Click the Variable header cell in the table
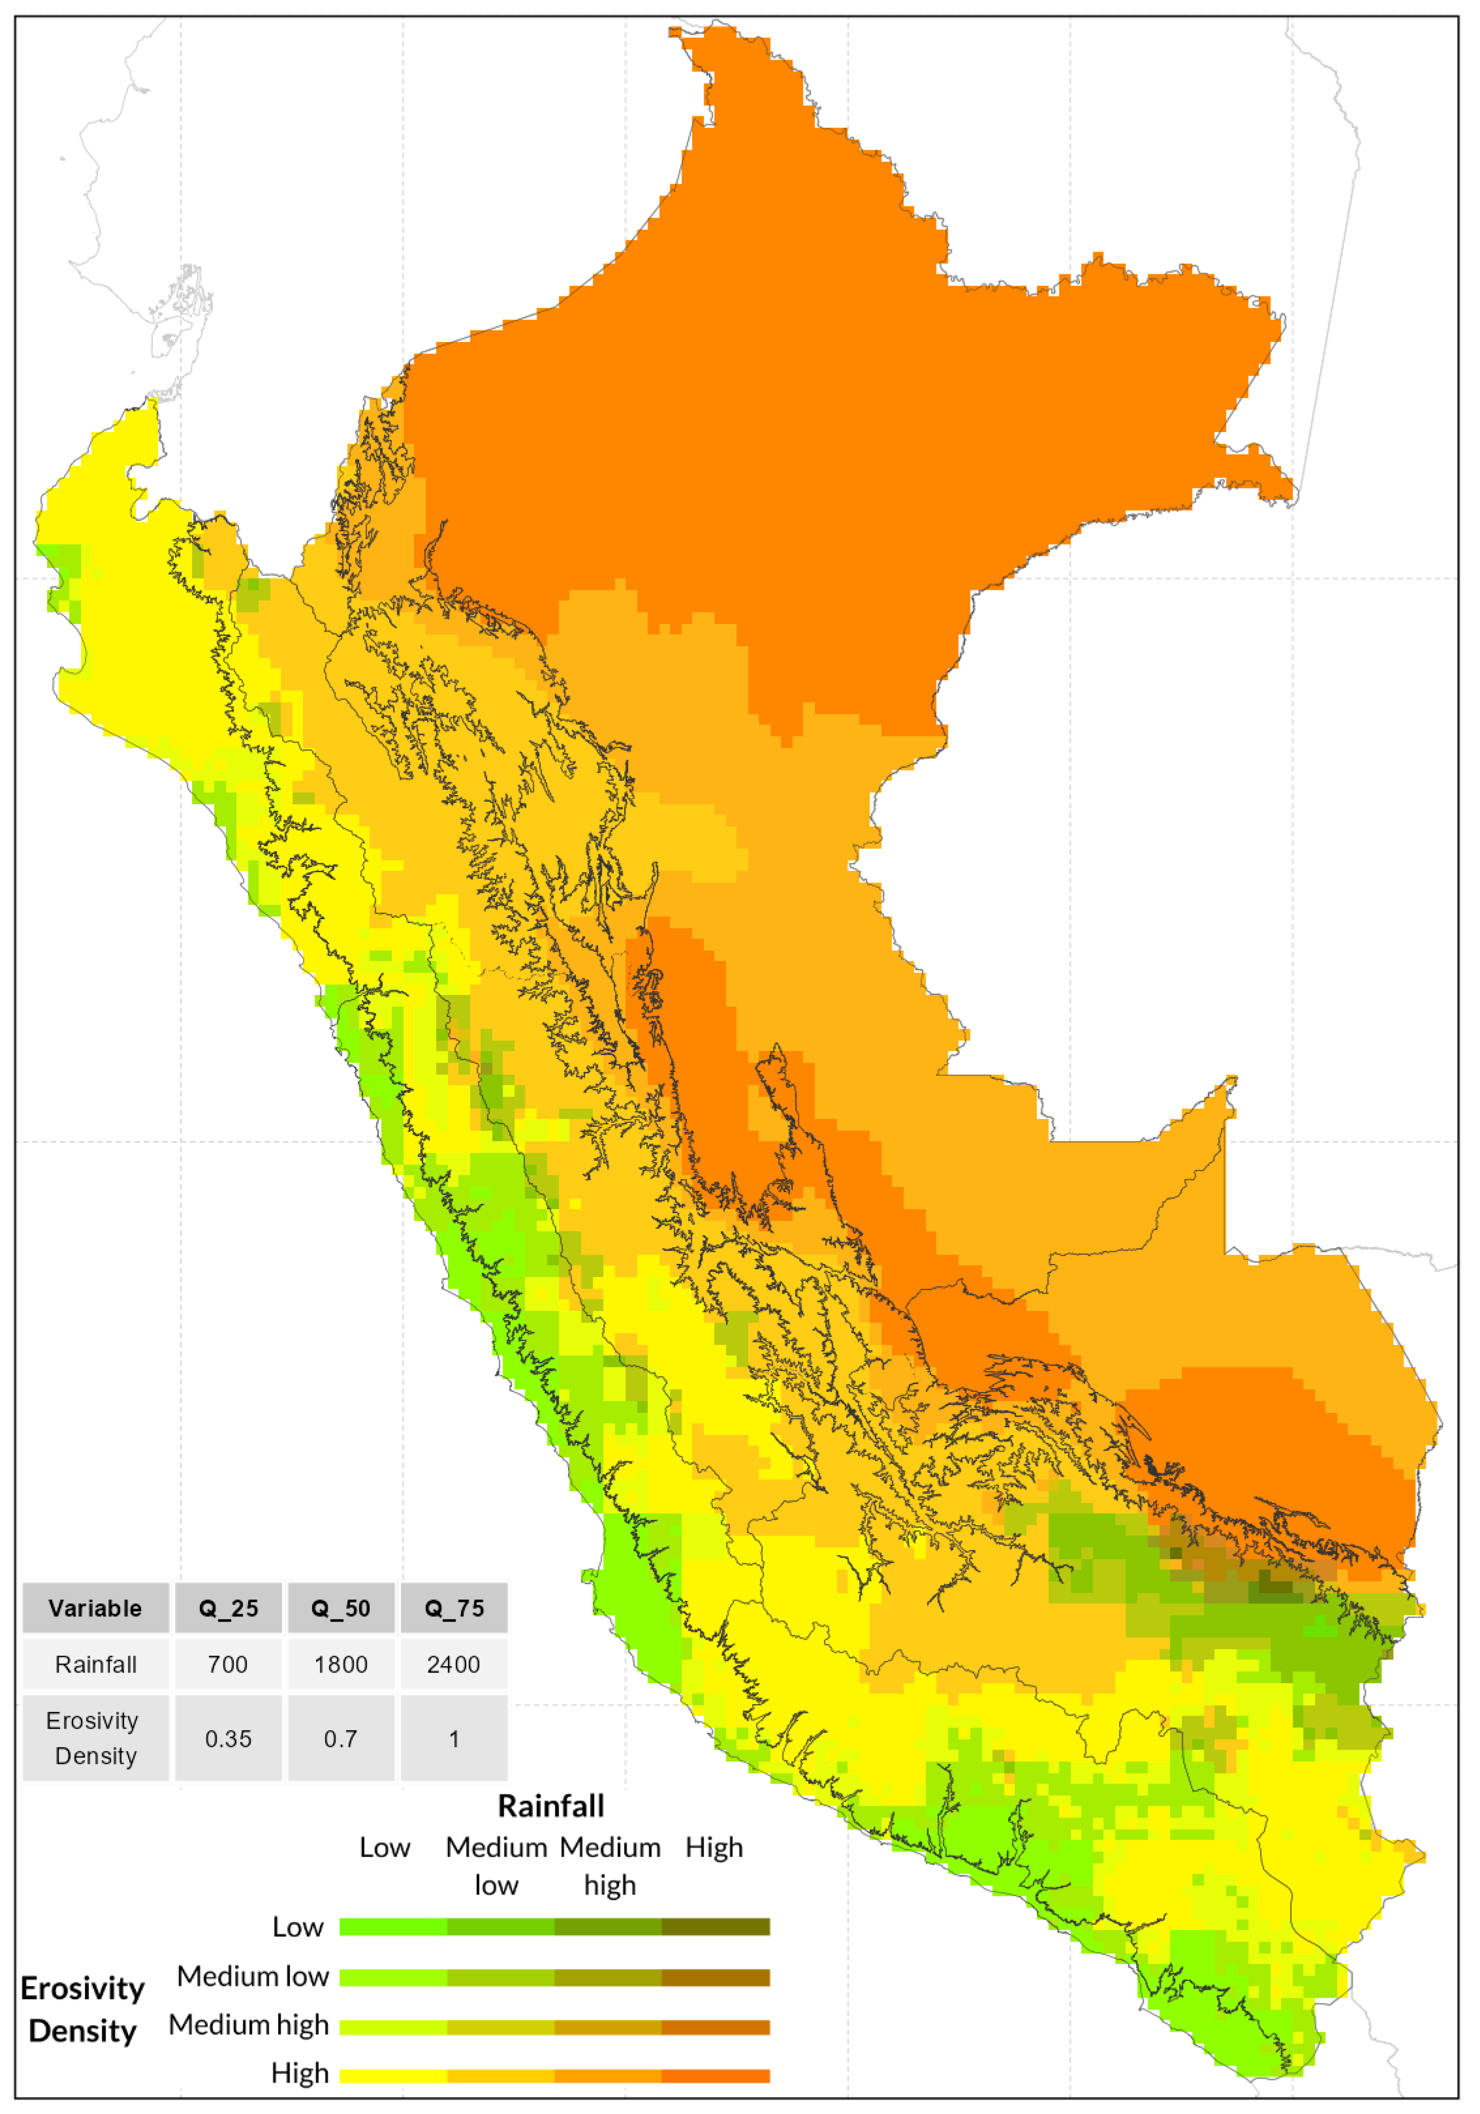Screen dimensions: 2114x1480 point(96,1609)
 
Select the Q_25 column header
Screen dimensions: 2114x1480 point(228,1609)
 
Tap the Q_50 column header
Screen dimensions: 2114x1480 point(341,1609)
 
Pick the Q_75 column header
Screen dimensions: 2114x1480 point(453,1609)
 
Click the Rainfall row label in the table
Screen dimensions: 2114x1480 point(96,1665)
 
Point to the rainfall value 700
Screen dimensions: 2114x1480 point(228,1665)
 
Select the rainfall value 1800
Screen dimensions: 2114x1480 point(341,1665)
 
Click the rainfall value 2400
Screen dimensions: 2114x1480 point(453,1665)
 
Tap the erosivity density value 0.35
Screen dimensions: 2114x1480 point(228,1739)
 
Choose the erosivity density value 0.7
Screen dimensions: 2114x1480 point(341,1739)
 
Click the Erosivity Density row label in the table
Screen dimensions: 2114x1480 point(96,1739)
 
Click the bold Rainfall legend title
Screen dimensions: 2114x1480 point(551,1806)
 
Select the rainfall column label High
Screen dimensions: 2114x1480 point(714,1848)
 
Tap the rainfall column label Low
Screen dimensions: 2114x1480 point(385,1848)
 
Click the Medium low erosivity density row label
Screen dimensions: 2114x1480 point(253,1976)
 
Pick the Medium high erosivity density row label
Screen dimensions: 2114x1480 point(249,2025)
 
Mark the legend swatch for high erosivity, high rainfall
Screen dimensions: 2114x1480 point(716,2075)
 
